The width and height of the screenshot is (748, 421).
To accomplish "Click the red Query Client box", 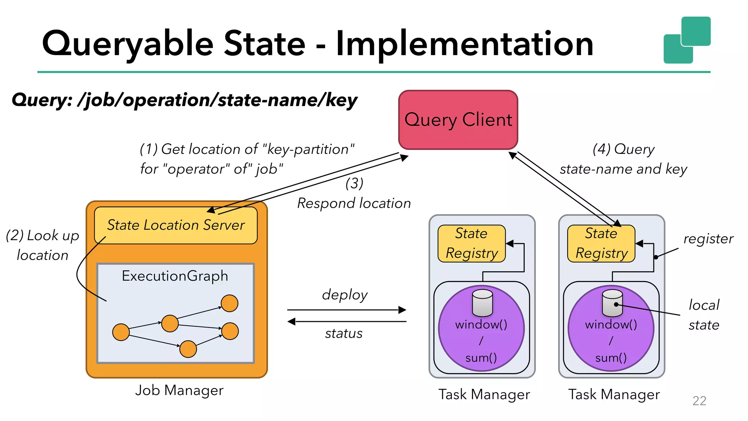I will (458, 120).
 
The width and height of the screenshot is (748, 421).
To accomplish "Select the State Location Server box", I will (176, 225).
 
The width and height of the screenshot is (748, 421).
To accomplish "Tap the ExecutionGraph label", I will (175, 276).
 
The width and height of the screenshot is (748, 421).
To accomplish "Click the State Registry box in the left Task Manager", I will (472, 243).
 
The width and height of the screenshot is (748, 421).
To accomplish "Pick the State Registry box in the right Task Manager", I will (601, 243).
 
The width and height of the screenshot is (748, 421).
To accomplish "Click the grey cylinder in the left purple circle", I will (482, 303).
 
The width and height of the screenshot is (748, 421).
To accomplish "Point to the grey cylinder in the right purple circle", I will (612, 303).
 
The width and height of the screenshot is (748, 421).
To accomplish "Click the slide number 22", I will (699, 401).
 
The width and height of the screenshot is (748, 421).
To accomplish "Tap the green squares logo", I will (687, 40).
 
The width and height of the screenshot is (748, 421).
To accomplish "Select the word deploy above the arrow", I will (344, 295).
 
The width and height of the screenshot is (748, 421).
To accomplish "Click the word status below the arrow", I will (344, 333).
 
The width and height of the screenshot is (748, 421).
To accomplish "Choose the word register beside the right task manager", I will (708, 239).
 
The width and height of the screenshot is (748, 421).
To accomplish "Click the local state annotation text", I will (704, 315).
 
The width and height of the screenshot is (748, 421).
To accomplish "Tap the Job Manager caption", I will (179, 390).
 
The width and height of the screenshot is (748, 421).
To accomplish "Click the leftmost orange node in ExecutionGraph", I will (121, 332).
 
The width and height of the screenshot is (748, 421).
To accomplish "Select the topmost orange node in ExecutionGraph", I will (229, 303).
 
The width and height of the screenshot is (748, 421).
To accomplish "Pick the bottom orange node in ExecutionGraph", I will (188, 349).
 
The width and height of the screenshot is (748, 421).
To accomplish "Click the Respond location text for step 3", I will (354, 203).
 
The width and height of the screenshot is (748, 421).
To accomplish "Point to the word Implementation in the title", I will (464, 44).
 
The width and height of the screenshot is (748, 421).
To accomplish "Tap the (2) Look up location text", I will (42, 245).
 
